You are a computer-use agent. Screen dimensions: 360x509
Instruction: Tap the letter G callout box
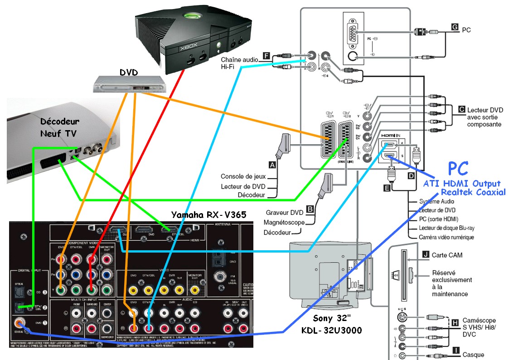(x=455, y=27)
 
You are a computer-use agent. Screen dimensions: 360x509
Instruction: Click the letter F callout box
(x=266, y=56)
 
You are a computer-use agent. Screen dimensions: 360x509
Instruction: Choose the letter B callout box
(x=310, y=209)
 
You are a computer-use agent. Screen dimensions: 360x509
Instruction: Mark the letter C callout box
(x=461, y=109)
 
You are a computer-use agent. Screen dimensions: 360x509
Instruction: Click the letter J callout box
(x=425, y=255)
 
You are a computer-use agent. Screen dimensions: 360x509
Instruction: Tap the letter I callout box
(x=456, y=349)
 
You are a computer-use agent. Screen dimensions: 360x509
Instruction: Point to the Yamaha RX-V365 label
(x=208, y=214)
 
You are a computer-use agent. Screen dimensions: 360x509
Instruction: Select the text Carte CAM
(x=447, y=255)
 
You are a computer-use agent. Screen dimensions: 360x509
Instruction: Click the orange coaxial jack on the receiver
(x=19, y=323)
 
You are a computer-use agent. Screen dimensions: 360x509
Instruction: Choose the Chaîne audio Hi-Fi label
(x=239, y=63)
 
